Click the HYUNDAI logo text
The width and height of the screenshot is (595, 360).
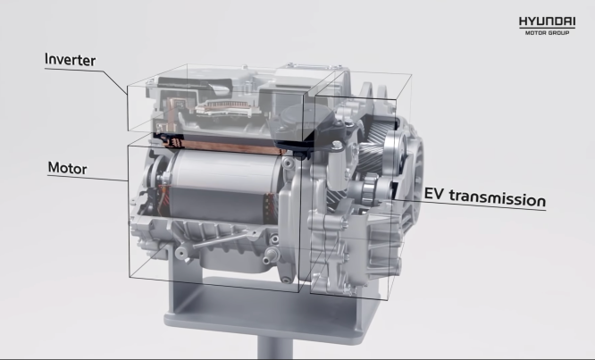click(x=548, y=21)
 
